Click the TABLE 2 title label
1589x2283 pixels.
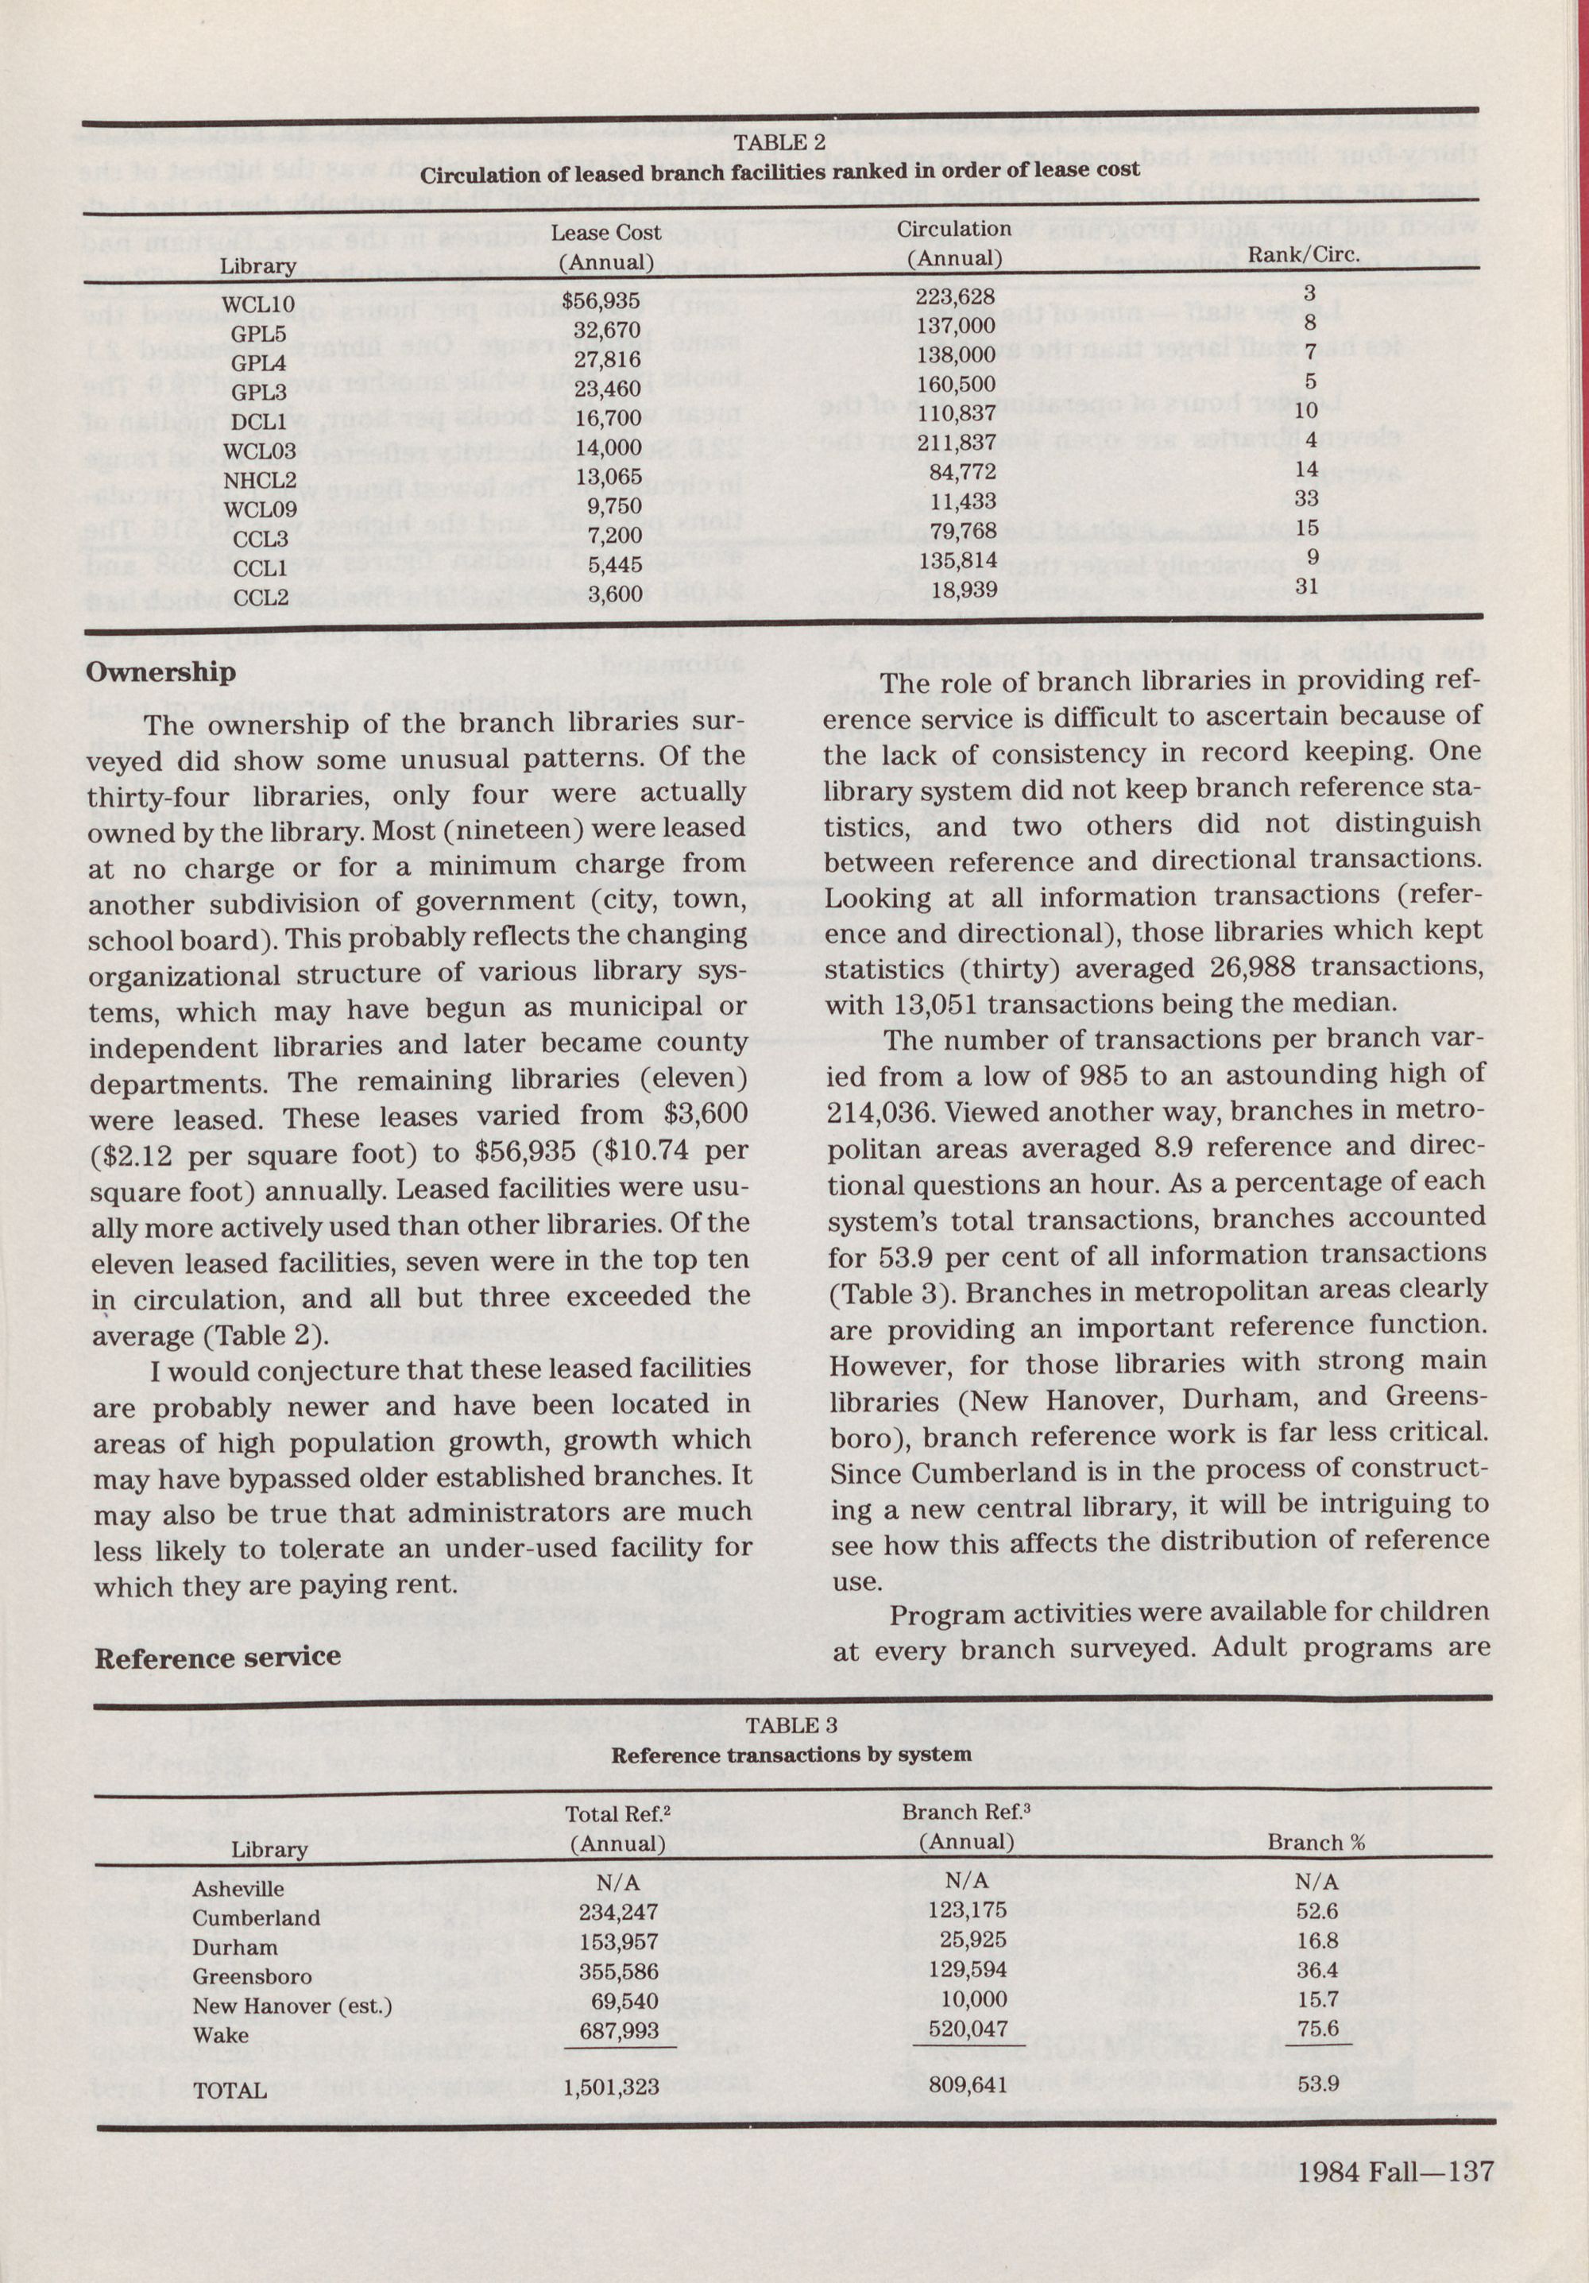click(x=779, y=143)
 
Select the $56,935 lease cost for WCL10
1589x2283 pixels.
click(x=600, y=300)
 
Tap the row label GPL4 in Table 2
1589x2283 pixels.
click(x=258, y=364)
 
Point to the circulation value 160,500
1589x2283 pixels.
click(x=956, y=383)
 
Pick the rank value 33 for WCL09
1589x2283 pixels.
click(x=1307, y=499)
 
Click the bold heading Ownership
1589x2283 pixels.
click(x=161, y=673)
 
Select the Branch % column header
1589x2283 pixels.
click(x=1315, y=1841)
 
